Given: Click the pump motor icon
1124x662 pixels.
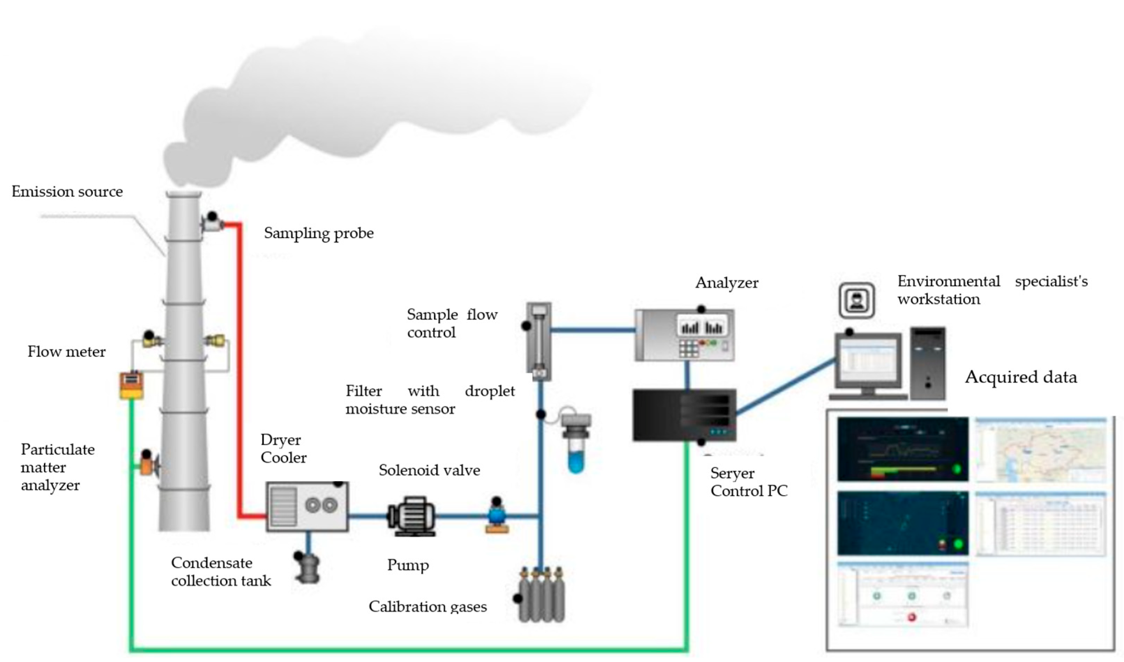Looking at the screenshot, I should pos(411,516).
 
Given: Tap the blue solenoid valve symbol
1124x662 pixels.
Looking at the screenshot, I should pos(496,516).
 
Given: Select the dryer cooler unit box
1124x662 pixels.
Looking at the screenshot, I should pos(307,507).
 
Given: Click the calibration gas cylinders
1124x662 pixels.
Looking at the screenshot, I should pos(542,596).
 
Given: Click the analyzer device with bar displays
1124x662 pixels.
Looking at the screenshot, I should pos(685,335).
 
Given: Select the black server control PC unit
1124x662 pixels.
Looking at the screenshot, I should pos(684,415).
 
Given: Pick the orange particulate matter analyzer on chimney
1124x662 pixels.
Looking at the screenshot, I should pos(147,464).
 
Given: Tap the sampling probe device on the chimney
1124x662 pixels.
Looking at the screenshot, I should pos(212,223).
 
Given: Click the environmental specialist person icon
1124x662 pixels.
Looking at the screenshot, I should pos(857,300).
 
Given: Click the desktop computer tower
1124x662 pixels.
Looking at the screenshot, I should pos(928,363).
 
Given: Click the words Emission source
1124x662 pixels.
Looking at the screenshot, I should pos(67,192).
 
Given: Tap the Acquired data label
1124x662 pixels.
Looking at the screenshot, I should pos(1020,377).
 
